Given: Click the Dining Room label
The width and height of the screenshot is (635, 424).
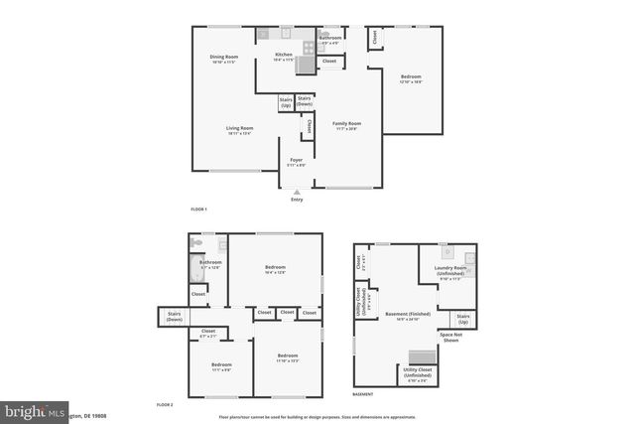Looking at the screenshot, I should (224, 59).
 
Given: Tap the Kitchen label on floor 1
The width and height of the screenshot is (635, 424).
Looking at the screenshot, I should (285, 57).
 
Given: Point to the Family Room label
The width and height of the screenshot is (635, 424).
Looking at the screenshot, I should (346, 125).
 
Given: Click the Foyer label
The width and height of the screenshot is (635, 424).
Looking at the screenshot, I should (296, 161).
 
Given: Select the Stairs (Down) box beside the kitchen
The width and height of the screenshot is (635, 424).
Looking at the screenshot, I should (306, 100).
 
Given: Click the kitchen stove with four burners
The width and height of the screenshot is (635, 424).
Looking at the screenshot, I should (309, 45).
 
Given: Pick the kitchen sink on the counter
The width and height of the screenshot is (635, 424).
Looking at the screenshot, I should (264, 34).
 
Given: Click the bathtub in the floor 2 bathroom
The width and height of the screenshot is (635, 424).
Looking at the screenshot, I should (195, 268).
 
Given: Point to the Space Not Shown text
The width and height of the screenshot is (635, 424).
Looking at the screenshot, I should (451, 338).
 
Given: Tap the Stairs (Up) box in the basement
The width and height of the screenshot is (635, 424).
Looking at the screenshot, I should (462, 320).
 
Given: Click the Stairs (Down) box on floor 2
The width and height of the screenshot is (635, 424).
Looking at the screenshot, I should (175, 318).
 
